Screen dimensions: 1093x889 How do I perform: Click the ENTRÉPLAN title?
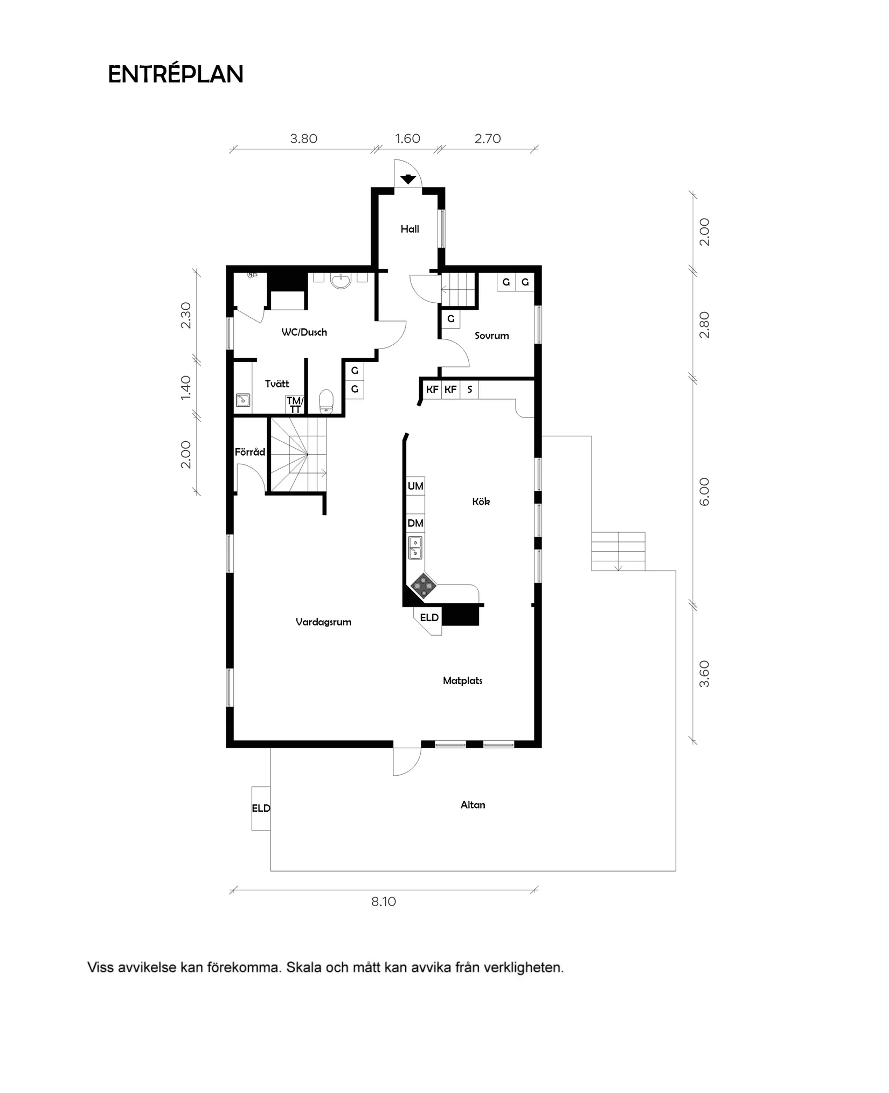[x=176, y=74]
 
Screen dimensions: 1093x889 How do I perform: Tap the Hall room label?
[x=409, y=229]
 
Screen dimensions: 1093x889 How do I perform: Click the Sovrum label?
[x=491, y=336]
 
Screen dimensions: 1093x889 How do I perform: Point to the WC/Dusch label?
[x=304, y=332]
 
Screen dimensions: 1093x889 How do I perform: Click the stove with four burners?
[x=423, y=586]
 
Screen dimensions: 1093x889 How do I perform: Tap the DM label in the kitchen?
[x=415, y=523]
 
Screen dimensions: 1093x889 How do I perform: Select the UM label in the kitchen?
[x=415, y=486]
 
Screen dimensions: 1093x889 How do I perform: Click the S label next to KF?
[x=469, y=389]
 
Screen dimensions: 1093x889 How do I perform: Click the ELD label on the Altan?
[x=261, y=808]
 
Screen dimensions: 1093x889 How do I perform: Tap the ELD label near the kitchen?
[x=429, y=617]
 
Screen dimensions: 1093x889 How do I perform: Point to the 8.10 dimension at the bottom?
[x=383, y=902]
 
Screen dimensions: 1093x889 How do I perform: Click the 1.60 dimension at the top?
[x=407, y=138]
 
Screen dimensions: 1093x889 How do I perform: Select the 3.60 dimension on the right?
[x=704, y=674]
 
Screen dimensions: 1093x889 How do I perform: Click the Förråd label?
[x=249, y=452]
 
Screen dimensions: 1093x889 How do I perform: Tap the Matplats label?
[x=462, y=681]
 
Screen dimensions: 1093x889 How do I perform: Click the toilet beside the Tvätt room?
[x=326, y=401]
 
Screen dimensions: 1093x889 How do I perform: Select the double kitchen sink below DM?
[x=415, y=547]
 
